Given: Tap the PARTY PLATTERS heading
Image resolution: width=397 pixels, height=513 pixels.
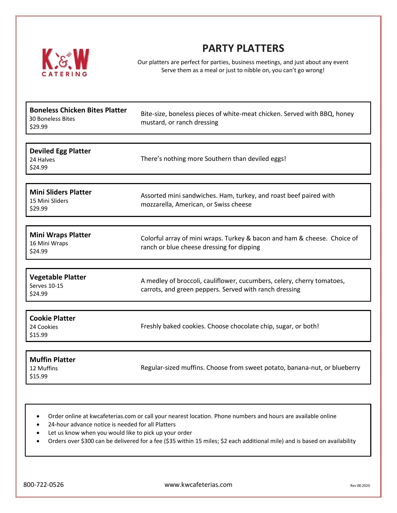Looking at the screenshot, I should tap(243, 48).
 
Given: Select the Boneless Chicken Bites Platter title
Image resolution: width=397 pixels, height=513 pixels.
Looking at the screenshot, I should tap(78, 110).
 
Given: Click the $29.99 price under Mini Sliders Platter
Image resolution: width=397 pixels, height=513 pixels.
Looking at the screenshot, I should tap(39, 209).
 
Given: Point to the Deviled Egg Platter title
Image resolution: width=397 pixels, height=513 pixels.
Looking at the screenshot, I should tap(60, 151).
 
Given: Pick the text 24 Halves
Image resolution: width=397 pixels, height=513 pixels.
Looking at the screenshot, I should tap(42, 160).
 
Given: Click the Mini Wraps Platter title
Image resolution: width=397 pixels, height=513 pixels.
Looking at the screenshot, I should tap(60, 235).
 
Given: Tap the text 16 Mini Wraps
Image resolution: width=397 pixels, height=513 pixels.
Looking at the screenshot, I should tap(49, 243).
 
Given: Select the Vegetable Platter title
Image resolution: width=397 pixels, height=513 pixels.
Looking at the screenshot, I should tap(58, 277).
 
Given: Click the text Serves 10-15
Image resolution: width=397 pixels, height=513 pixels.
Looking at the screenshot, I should tap(46, 286).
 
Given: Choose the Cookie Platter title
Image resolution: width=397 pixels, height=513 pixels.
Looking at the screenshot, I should tap(52, 318).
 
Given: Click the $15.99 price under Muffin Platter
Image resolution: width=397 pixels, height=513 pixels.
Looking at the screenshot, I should tap(39, 376).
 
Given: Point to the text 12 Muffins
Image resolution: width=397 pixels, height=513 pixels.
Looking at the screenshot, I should tap(44, 368).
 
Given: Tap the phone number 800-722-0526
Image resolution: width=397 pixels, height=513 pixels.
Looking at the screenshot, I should tap(44, 485).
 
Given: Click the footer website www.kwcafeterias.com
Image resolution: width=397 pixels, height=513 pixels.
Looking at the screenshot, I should tap(198, 485).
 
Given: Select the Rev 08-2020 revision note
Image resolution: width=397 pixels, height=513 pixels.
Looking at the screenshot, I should tap(360, 486).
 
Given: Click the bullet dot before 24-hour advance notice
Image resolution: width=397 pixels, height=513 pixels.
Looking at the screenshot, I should tap(39, 425).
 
